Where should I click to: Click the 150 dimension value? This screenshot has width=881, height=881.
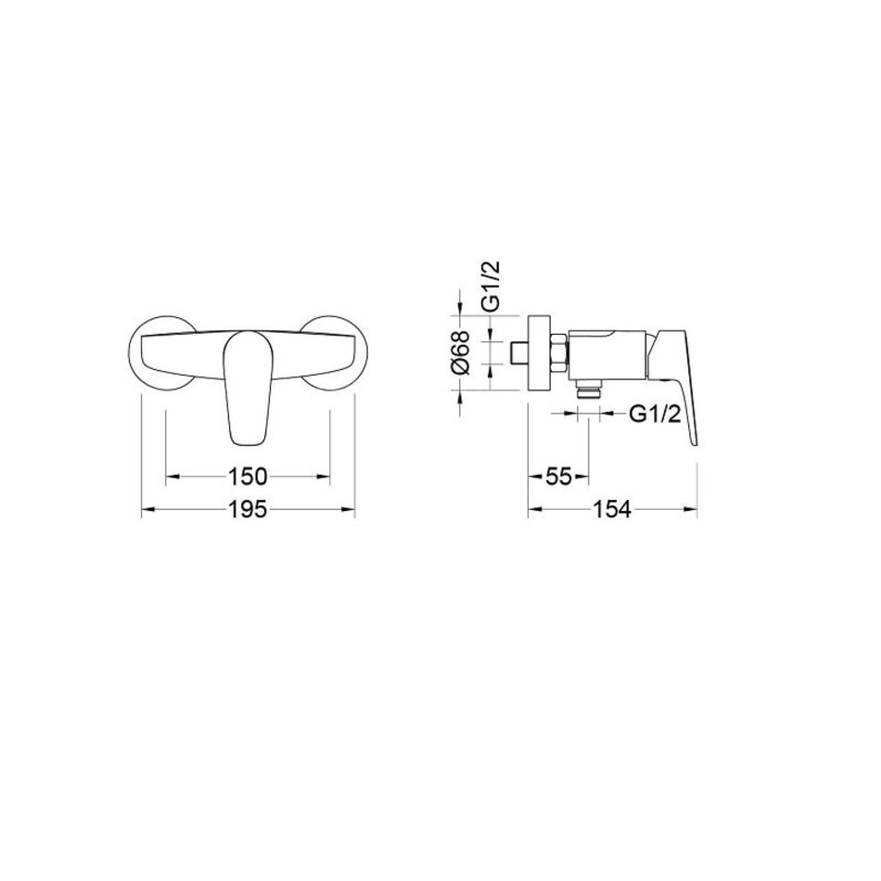248,477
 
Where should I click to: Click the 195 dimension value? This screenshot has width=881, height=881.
248,510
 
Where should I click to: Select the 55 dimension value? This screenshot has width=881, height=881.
558,477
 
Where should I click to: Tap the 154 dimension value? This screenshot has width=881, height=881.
612,510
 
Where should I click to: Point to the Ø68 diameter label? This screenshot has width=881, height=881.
460,352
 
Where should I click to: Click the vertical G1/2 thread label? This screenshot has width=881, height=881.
491,286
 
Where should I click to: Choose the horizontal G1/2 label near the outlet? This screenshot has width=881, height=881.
655,415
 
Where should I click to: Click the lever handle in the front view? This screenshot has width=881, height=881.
248,388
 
